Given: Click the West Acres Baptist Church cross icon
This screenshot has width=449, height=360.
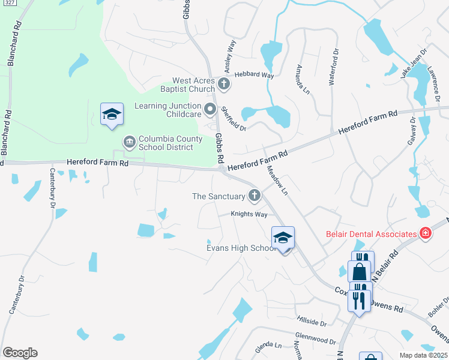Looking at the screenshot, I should pos(224,83).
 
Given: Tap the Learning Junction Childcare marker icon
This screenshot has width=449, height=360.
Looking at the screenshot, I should pos(209,109).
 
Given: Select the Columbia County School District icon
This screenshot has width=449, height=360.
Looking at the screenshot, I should pos(129,142).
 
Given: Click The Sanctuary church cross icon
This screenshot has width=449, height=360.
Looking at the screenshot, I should pos(255,195).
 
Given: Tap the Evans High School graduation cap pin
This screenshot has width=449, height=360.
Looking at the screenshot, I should pos(283,238).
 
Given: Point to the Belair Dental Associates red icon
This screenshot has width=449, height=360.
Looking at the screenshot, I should pos(426,233).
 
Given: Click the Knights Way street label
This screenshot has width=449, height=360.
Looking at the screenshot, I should pos(249,214).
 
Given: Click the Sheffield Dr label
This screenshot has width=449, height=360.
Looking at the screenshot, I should pos(234,119).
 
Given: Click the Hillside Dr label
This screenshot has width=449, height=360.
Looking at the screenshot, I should pos(311,323).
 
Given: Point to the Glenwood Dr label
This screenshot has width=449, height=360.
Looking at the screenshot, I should pos(315,340).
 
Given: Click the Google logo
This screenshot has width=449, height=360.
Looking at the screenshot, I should pos(19,353).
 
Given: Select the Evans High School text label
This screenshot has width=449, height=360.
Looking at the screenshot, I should pos(240,248).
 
